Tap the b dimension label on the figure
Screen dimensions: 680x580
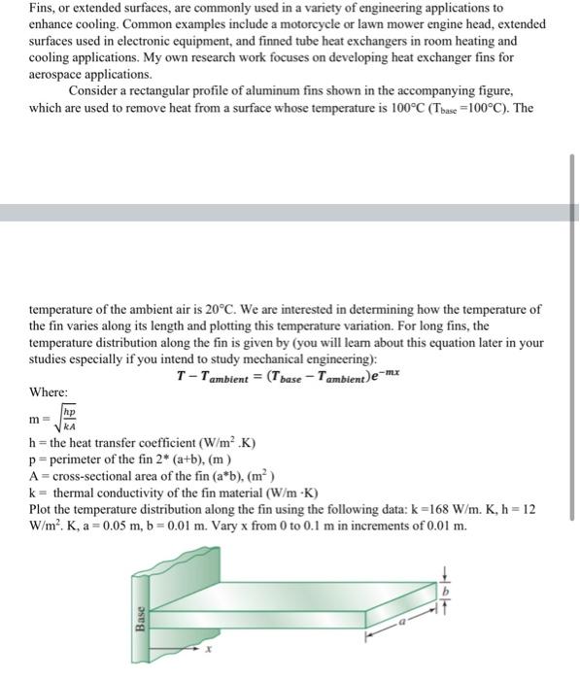pyautogui.click(x=447, y=592)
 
